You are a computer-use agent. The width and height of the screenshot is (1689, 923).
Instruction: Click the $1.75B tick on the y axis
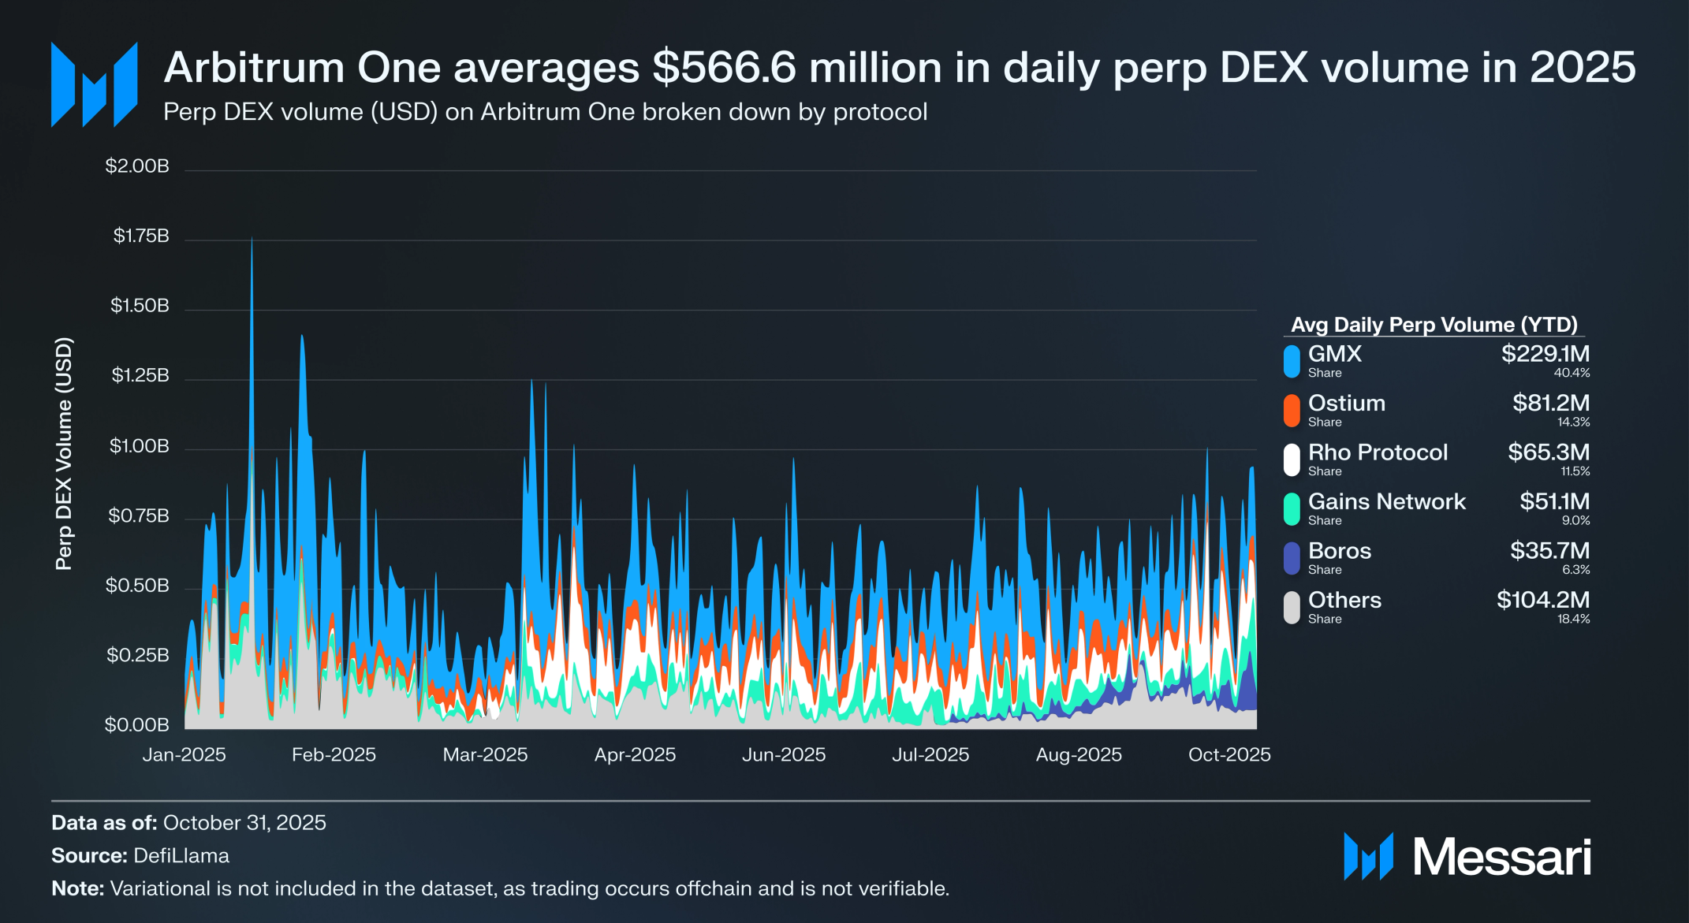(x=141, y=236)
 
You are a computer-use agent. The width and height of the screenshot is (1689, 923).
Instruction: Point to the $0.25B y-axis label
(x=138, y=655)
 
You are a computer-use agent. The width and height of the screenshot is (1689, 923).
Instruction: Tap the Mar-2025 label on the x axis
(x=485, y=755)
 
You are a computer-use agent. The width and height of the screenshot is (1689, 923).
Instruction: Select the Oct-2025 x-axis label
(x=1229, y=755)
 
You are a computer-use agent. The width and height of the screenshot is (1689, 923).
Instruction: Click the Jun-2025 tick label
(x=784, y=755)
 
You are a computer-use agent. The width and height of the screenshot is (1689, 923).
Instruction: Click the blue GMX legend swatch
(x=1292, y=361)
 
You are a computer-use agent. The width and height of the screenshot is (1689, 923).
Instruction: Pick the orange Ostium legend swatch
(x=1292, y=411)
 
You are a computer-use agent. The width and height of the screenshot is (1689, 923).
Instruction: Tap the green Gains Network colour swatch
(x=1292, y=508)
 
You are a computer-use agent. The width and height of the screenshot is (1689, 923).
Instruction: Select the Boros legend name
(x=1340, y=551)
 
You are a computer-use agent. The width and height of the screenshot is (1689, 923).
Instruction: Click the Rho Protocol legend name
(x=1378, y=452)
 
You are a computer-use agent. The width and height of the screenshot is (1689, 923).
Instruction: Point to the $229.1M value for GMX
(x=1545, y=354)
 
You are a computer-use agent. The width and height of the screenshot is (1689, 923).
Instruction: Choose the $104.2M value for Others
(x=1543, y=600)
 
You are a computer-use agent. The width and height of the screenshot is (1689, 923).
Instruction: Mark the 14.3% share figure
(x=1573, y=422)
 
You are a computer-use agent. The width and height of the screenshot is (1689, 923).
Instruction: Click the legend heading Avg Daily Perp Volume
(x=1434, y=325)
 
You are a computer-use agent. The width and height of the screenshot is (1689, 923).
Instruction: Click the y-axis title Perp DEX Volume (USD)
(x=64, y=453)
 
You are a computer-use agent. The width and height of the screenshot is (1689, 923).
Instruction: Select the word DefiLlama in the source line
(x=181, y=856)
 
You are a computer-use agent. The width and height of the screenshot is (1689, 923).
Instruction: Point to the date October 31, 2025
(x=244, y=823)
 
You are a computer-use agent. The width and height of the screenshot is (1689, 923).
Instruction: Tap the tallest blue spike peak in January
(x=252, y=239)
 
